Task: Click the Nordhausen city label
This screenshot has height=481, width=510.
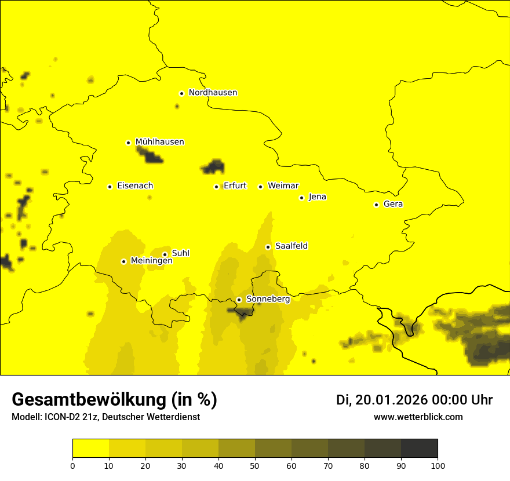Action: pyautogui.click(x=213, y=93)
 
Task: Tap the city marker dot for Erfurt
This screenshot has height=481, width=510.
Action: pyautogui.click(x=216, y=187)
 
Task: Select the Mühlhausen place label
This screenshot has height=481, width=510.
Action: pyautogui.click(x=159, y=142)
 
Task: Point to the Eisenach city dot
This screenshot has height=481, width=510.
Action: pyautogui.click(x=110, y=187)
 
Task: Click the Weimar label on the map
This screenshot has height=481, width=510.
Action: pyautogui.click(x=283, y=186)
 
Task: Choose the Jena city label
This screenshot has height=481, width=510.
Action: pyautogui.click(x=317, y=197)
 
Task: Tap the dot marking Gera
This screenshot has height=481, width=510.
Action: pyautogui.click(x=376, y=205)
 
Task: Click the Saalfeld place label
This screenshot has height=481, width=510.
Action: pyautogui.click(x=291, y=246)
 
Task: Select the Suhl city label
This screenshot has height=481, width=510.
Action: pyautogui.click(x=180, y=253)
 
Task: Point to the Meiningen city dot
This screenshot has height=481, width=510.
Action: pyautogui.click(x=123, y=261)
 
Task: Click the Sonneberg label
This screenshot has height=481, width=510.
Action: pyautogui.click(x=268, y=299)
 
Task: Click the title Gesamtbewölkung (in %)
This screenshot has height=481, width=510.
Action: pyautogui.click(x=114, y=400)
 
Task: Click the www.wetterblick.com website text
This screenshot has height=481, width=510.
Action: pyautogui.click(x=418, y=417)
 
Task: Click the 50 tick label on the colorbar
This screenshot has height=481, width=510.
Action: pyautogui.click(x=255, y=465)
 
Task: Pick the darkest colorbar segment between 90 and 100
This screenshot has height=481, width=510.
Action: pyautogui.click(x=419, y=449)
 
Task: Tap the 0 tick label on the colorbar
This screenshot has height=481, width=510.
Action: pyautogui.click(x=72, y=465)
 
